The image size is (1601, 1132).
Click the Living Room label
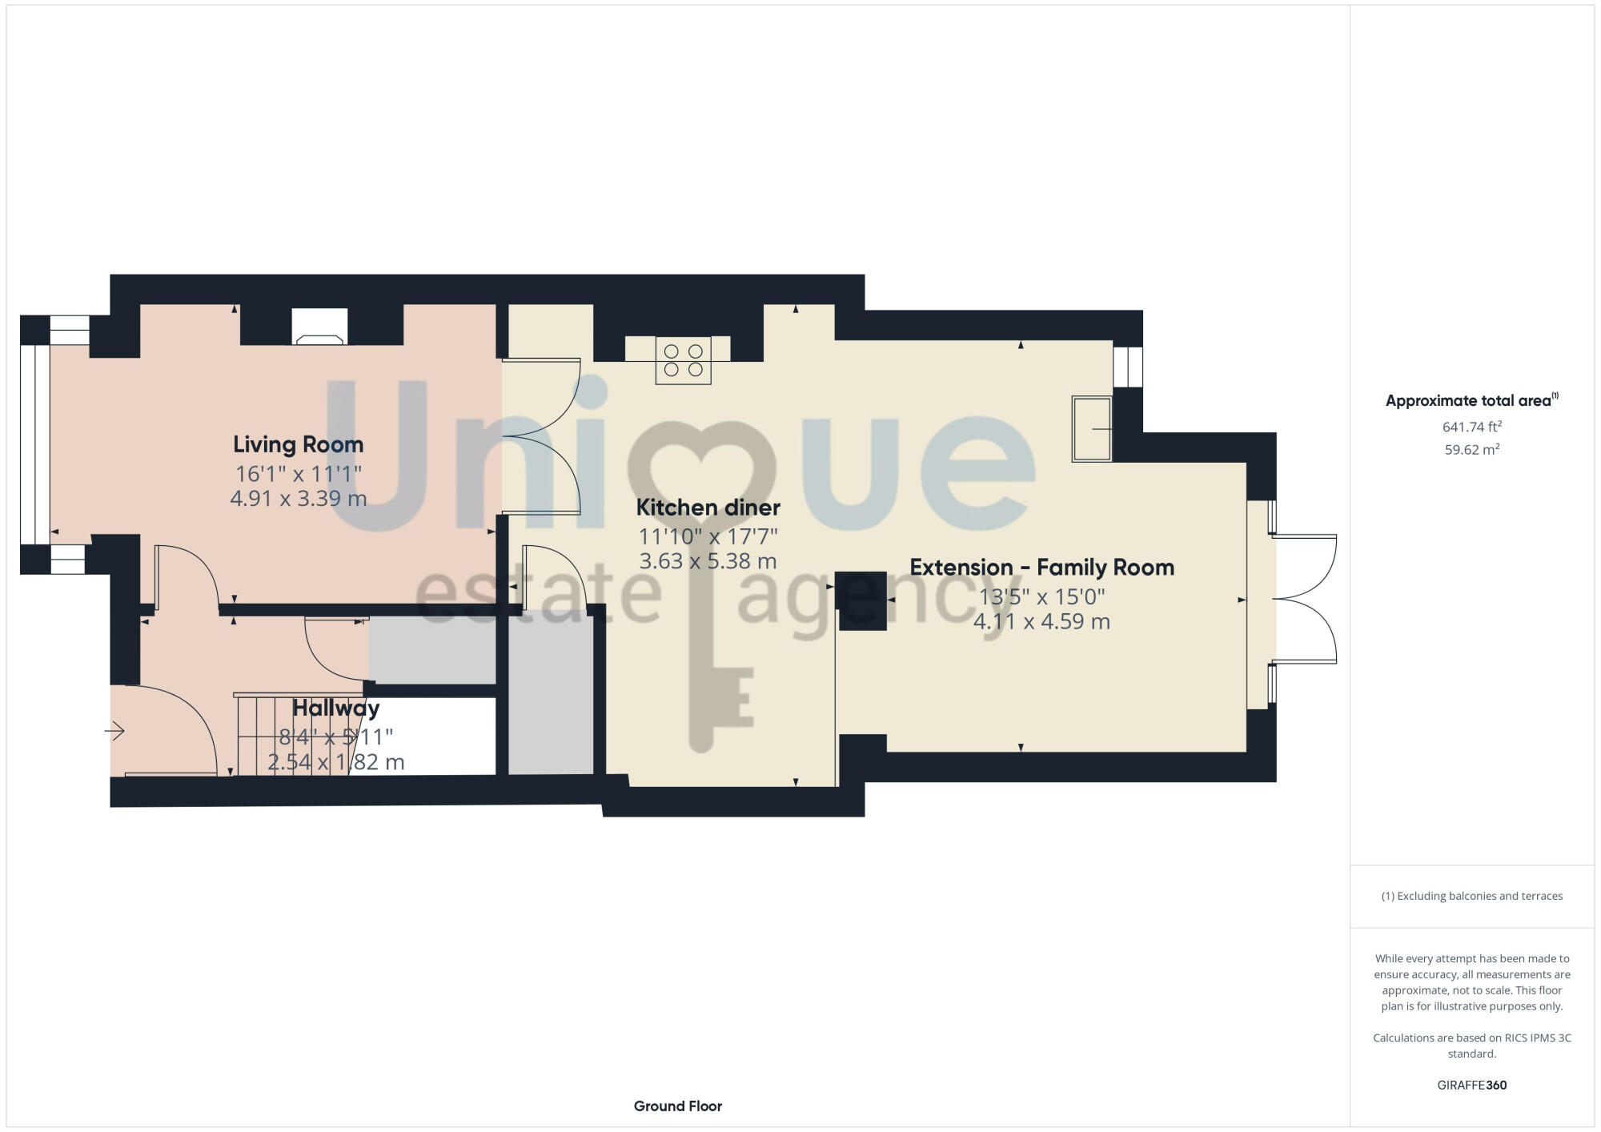[298, 444]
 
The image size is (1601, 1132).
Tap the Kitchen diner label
[708, 508]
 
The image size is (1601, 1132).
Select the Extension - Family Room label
[1041, 568]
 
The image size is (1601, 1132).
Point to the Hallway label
[335, 709]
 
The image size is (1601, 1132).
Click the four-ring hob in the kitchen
[683, 360]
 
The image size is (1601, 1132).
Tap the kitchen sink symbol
[1092, 429]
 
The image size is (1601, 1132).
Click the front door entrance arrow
[115, 731]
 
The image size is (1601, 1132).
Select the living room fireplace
[319, 327]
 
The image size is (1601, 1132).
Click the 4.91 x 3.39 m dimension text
[298, 499]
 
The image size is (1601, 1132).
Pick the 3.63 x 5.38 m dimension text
[708, 561]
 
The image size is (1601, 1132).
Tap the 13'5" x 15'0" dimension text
[1041, 596]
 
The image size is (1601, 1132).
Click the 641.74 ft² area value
[1471, 427]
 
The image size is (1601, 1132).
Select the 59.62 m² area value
[1471, 450]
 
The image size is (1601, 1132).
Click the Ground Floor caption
[677, 1106]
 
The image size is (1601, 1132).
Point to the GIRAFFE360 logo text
[1471, 1086]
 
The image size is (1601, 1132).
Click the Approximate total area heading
[1471, 401]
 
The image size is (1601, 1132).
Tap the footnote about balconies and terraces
[1471, 896]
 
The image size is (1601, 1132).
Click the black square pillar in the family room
[861, 600]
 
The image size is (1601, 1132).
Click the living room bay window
[34, 444]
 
